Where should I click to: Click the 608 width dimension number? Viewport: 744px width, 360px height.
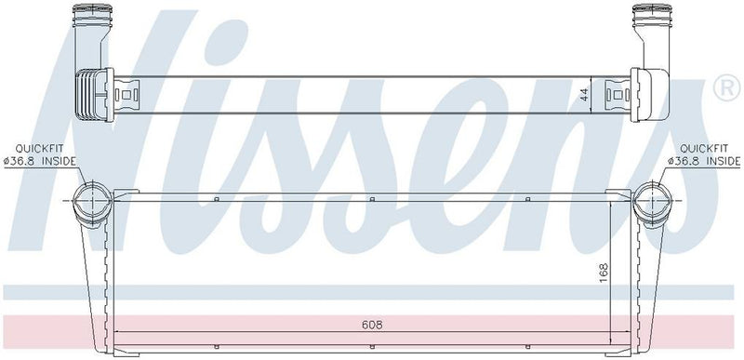370,325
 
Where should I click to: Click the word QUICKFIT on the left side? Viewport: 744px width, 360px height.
33,148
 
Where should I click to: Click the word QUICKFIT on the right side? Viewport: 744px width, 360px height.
704,148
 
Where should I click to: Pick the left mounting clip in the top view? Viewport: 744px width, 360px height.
126,93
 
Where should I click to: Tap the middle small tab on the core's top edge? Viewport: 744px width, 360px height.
371,198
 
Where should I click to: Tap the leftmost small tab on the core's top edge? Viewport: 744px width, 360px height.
216,198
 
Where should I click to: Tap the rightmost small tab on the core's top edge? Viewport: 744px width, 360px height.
526,198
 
